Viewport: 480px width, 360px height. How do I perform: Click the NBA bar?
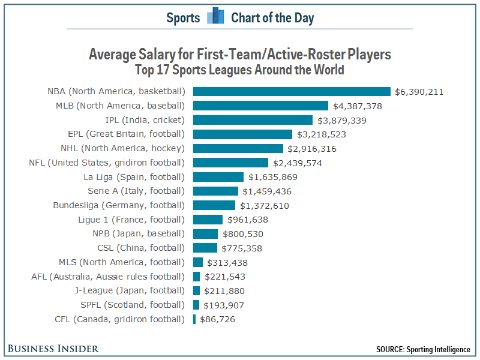(292, 92)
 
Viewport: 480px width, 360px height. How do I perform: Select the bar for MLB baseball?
(260, 106)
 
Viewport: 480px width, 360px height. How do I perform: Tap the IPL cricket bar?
(253, 121)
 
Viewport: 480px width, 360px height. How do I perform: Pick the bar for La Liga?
(218, 177)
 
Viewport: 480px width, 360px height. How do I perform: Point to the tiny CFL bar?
(194, 319)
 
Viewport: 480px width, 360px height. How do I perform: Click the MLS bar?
(198, 262)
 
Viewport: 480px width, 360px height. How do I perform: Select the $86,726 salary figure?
(217, 319)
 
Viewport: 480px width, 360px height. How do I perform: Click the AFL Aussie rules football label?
(108, 277)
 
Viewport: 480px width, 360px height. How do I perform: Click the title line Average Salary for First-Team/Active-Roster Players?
(240, 55)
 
